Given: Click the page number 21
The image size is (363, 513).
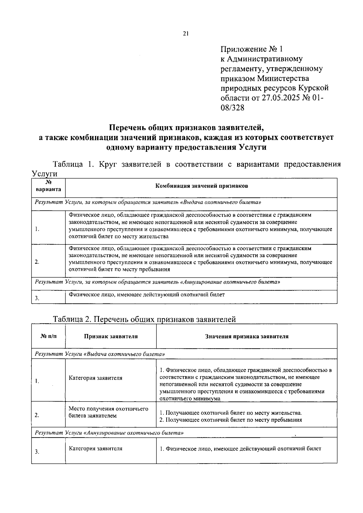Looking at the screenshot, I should tap(186, 34).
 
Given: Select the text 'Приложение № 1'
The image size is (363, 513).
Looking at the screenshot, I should tap(252, 49).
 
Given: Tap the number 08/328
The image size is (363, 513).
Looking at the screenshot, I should tap(232, 108).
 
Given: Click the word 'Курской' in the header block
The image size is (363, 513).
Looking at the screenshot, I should tap(313, 88).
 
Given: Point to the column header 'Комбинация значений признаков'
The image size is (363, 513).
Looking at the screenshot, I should tap(201, 186).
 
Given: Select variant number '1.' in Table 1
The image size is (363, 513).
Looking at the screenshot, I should tap(37, 229).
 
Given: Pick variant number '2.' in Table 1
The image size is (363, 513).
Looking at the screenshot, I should tap(37, 262).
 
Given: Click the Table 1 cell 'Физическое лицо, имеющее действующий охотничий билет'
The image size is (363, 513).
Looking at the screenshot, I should tap(147, 294).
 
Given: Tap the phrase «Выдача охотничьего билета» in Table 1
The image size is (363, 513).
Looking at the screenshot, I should tap(221, 202).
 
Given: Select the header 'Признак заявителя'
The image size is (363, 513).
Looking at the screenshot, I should tap(111, 336).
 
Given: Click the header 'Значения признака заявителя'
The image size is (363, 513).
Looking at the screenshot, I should tap(247, 336).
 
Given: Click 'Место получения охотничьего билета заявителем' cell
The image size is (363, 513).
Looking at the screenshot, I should tap(108, 412).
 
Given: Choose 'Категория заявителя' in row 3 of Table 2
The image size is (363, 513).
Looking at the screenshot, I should tap(96, 448).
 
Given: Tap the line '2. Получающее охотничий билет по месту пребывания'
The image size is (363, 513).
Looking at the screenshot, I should tap(231, 420).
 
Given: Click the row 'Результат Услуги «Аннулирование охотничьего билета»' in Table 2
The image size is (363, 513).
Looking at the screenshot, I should tap(109, 433).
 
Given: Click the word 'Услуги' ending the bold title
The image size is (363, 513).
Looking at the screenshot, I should tap(252, 147).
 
